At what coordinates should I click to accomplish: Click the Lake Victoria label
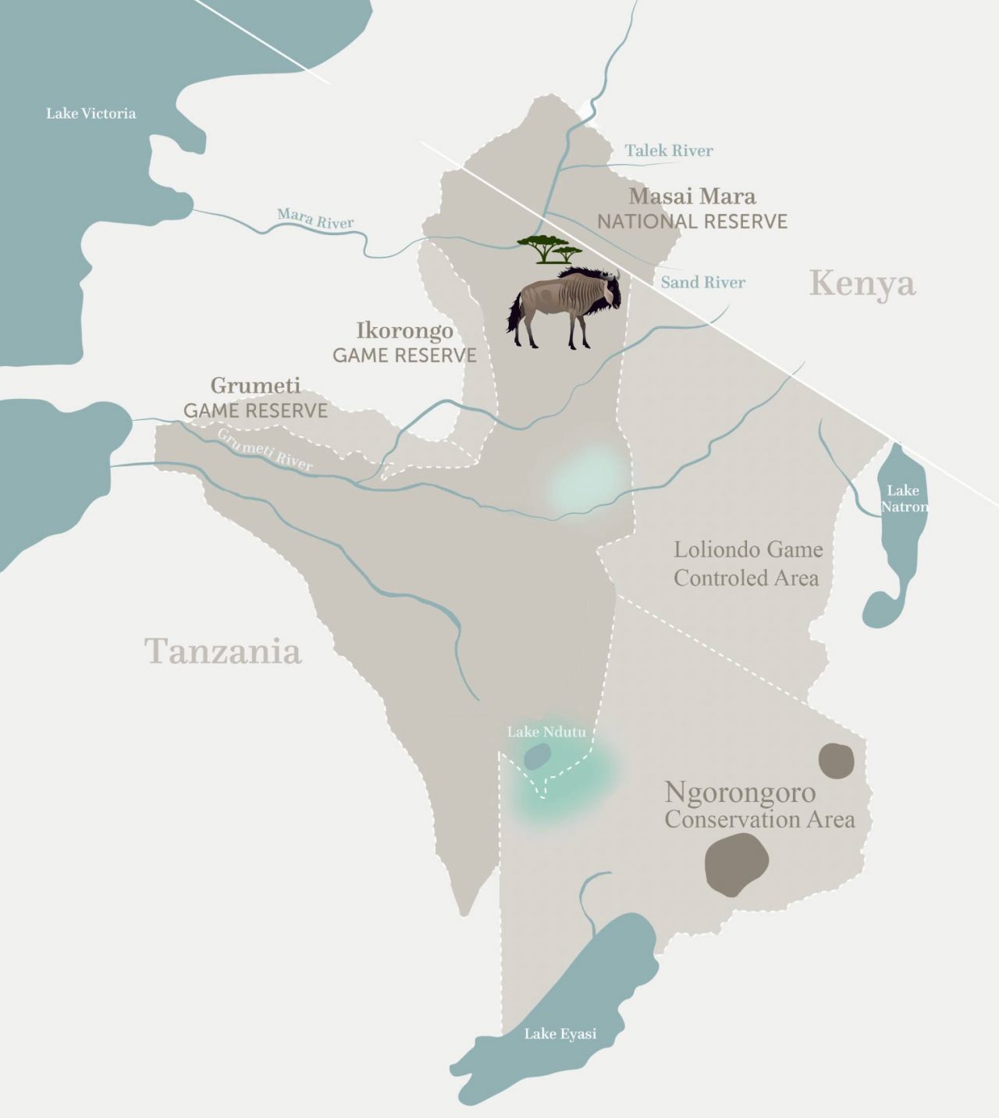(91, 114)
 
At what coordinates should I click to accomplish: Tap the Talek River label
(669, 151)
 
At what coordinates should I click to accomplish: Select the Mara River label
(315, 219)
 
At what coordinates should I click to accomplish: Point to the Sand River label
(702, 283)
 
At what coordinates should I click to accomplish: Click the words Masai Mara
(692, 195)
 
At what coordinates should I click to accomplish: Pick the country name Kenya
(862, 283)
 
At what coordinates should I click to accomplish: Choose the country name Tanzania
(223, 650)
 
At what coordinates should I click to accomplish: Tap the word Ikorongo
(404, 330)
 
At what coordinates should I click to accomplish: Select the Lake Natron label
(903, 498)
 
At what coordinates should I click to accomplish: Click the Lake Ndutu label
(546, 732)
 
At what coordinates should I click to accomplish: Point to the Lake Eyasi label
(560, 1034)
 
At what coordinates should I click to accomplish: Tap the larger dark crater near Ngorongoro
(737, 863)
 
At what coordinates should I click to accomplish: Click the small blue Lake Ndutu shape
(537, 756)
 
